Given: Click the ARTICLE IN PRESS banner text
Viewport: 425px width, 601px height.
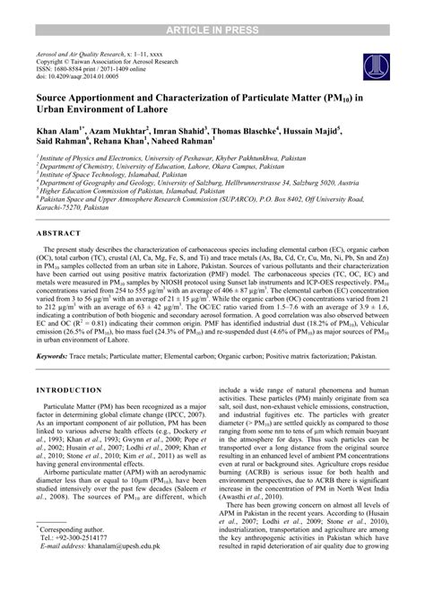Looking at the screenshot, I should [212, 8].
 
